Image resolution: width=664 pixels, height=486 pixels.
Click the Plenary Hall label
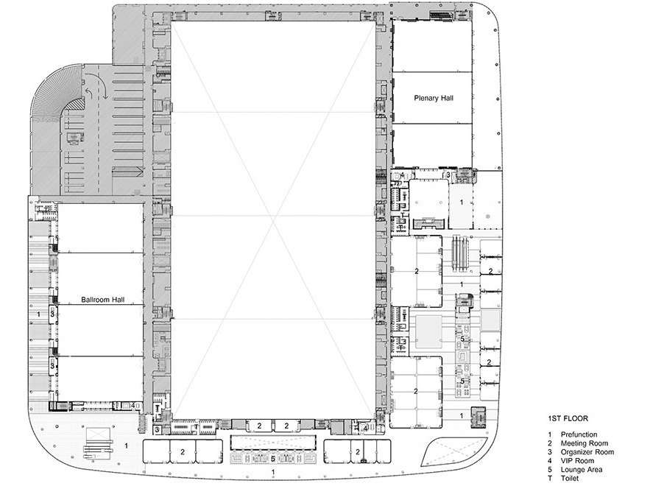click(434, 98)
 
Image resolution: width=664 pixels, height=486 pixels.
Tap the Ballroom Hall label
click(103, 300)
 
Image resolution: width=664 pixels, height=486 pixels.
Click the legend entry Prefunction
click(579, 434)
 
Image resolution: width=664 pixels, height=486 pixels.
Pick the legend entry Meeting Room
click(584, 443)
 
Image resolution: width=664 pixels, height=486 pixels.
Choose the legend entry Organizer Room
click(587, 452)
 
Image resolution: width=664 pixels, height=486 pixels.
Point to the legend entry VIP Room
click(577, 460)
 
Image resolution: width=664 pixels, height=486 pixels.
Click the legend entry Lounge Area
click(581, 470)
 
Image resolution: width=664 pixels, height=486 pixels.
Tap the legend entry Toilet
click(570, 479)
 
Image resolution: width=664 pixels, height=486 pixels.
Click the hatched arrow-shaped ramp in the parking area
click(127, 172)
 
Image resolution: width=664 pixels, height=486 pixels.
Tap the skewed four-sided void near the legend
click(453, 454)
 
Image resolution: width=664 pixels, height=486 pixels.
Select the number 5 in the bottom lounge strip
click(273, 459)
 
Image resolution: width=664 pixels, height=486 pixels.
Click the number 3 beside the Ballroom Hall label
click(52, 314)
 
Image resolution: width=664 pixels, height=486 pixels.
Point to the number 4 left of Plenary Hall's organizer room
click(402, 175)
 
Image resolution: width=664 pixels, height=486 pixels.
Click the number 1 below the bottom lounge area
click(273, 472)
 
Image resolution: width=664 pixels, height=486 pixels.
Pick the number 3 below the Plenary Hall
click(448, 175)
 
